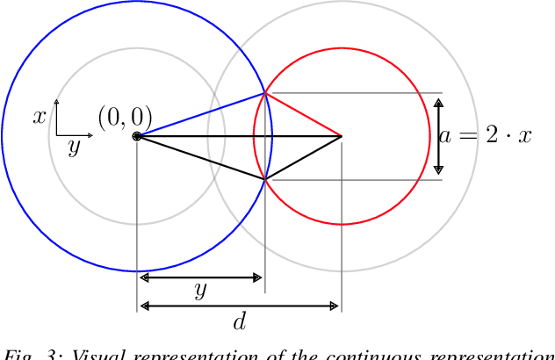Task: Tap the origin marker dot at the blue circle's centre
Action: click(x=137, y=136)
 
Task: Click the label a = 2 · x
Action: click(x=486, y=136)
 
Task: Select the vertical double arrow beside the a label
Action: click(x=439, y=136)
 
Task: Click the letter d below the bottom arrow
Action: click(x=239, y=322)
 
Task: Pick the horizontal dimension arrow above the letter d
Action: click(x=239, y=306)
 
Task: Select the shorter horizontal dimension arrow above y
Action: click(x=201, y=277)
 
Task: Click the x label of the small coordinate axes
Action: click(x=40, y=116)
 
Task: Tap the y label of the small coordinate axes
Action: click(x=74, y=148)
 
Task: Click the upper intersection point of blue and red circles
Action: click(x=265, y=93)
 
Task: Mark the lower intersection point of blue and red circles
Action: click(x=265, y=180)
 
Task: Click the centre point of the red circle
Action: click(x=341, y=136)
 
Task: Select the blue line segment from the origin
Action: click(x=201, y=114)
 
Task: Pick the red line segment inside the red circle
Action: click(x=303, y=114)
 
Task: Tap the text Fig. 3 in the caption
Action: click(x=25, y=355)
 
